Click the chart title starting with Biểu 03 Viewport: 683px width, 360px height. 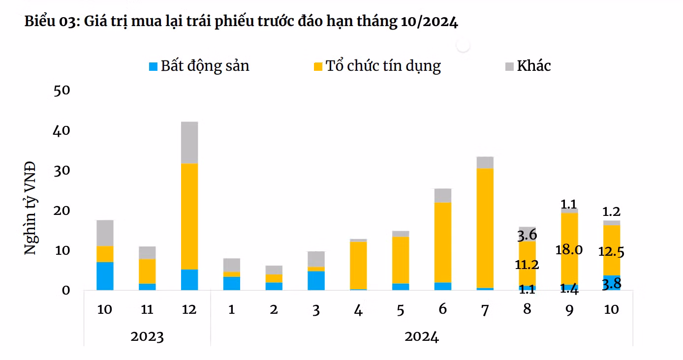(241, 22)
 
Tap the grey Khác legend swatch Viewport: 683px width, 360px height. (509, 66)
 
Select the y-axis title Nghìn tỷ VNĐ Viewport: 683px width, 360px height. (31, 207)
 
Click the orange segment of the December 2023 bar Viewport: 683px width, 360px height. (189, 216)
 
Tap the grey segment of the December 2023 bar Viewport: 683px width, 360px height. (189, 142)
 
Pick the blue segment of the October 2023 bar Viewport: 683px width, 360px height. (105, 276)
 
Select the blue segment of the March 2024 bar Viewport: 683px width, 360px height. (316, 280)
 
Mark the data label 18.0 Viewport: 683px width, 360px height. (569, 250)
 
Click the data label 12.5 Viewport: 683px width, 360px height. (611, 252)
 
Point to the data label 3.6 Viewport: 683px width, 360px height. (527, 235)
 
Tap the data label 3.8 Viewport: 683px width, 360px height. (611, 284)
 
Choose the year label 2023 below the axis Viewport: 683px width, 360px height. (147, 337)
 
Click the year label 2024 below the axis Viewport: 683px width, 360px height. (421, 337)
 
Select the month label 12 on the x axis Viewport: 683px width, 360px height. (189, 309)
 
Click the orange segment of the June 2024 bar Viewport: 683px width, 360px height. (443, 242)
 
